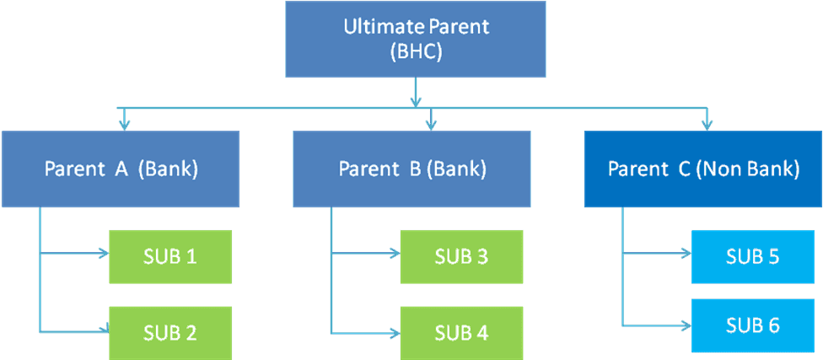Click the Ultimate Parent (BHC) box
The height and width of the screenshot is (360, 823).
click(416, 38)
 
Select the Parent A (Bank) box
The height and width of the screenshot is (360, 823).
click(121, 169)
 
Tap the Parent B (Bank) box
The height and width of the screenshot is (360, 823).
click(411, 169)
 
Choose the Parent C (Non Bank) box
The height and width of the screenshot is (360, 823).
click(702, 169)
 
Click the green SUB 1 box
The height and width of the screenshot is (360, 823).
click(169, 255)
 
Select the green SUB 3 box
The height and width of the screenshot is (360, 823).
click(460, 255)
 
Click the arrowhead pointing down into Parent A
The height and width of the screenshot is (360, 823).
click(125, 124)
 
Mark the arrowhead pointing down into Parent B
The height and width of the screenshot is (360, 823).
click(431, 124)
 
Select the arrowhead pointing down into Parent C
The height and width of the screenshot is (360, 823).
click(707, 124)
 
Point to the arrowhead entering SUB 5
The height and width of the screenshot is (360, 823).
click(684, 251)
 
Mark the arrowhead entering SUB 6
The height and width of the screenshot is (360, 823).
click(684, 323)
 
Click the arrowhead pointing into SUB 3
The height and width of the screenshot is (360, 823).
click(393, 251)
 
